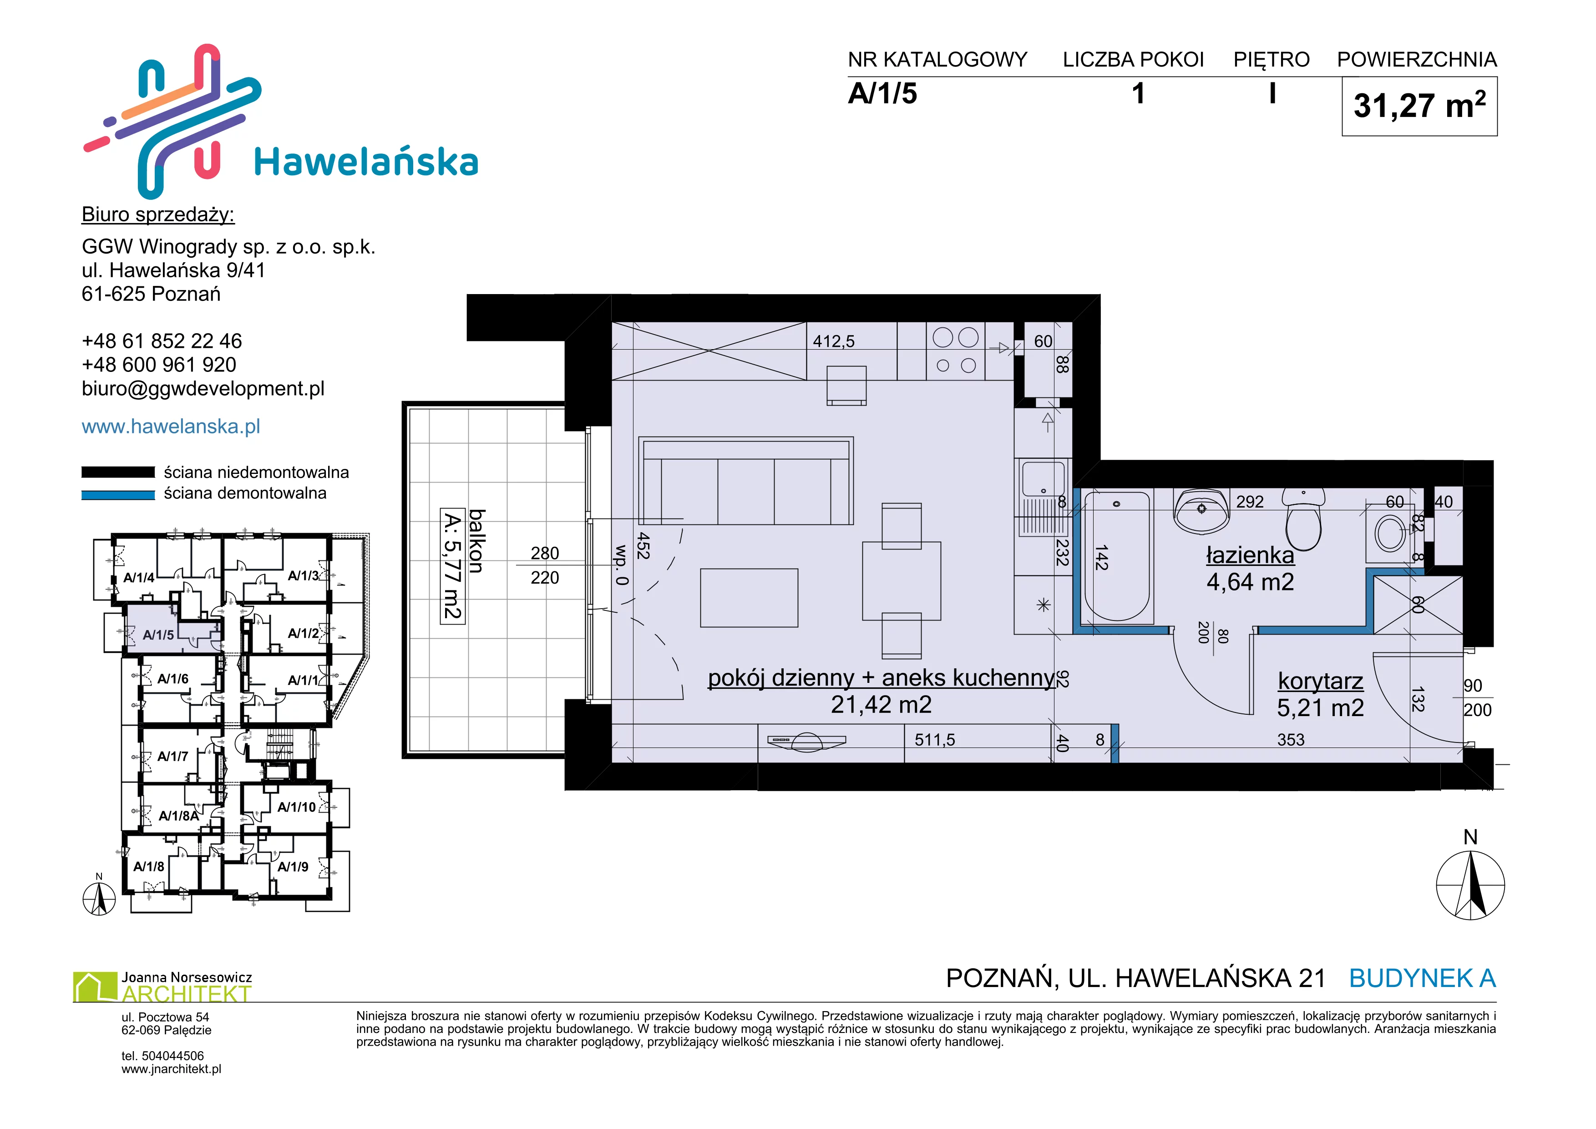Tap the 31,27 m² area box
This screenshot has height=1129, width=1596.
[1419, 107]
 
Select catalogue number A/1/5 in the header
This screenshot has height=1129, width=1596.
[882, 93]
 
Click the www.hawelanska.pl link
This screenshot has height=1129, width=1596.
[171, 426]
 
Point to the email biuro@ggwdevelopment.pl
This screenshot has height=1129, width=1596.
[203, 389]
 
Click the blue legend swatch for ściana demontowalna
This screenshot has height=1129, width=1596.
[118, 495]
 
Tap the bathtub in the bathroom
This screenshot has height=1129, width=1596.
[1117, 556]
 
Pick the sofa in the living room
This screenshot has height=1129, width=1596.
[746, 481]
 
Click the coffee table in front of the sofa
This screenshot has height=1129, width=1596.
[750, 598]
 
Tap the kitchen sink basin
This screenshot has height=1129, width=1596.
[1043, 479]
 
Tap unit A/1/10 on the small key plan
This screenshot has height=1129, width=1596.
[297, 807]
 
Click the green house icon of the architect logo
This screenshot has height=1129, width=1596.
[95, 987]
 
